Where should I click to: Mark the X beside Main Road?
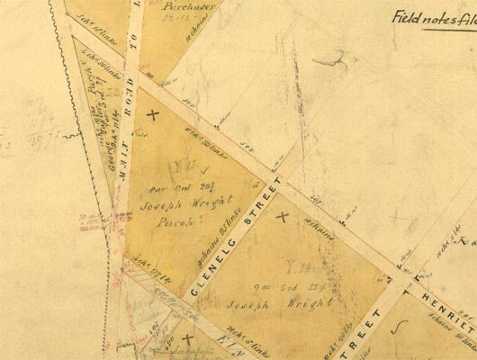coord(152,114)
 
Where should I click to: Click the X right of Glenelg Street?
coord(283,216)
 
